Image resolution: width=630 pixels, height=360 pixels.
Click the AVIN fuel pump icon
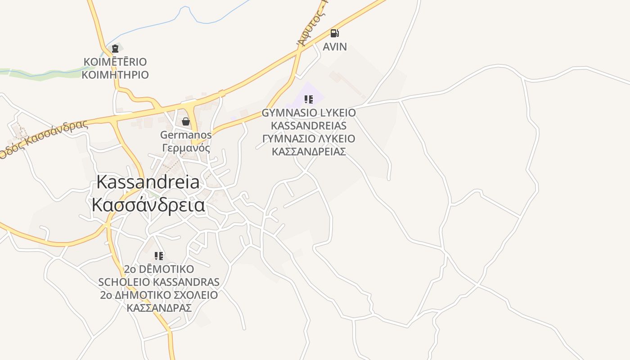click(x=334, y=33)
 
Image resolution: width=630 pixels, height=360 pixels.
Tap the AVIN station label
click(x=335, y=46)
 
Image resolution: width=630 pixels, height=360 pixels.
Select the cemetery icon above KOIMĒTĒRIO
click(x=115, y=49)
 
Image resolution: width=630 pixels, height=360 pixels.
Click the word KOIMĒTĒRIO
click(x=115, y=62)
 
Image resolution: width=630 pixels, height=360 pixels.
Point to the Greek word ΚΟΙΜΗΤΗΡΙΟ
click(x=115, y=75)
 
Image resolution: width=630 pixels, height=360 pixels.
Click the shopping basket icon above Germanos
click(x=185, y=121)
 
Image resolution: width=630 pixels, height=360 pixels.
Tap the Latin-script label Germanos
click(x=186, y=135)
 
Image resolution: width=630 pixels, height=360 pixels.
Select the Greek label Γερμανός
click(x=186, y=148)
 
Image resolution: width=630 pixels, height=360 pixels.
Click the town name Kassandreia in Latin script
click(x=148, y=182)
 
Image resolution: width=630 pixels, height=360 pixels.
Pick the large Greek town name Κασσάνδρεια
click(x=148, y=205)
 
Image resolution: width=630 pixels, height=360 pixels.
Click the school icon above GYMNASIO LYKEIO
click(x=308, y=99)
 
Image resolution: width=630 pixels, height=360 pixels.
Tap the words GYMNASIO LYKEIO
click(x=309, y=112)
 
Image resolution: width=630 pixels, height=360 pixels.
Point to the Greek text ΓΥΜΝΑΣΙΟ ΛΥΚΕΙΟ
click(x=309, y=139)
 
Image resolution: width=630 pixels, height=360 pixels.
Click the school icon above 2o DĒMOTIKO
click(x=159, y=256)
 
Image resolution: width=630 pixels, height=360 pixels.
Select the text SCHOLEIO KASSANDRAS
click(x=159, y=282)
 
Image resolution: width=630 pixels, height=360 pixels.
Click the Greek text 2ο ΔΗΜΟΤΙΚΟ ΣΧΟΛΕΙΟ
click(x=159, y=295)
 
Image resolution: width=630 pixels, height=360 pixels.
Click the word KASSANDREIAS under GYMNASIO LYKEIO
click(x=309, y=126)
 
